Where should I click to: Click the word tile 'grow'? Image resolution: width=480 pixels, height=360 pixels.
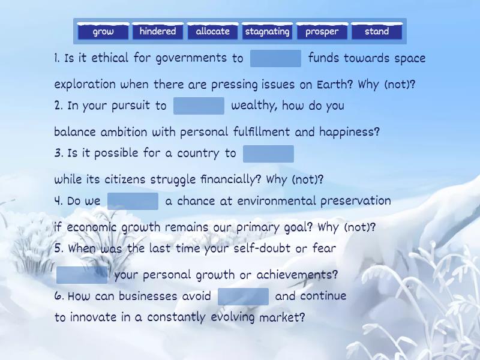point(103,32)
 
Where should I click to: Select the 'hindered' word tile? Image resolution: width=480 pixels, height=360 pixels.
point(158,32)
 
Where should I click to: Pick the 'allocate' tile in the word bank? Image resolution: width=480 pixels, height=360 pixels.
point(212,32)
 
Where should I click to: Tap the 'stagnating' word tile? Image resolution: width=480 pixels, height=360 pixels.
point(268,32)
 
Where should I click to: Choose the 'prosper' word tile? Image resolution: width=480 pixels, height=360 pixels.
point(322,32)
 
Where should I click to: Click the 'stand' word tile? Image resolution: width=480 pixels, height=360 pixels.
point(377,32)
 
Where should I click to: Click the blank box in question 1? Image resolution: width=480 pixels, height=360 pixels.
point(275,58)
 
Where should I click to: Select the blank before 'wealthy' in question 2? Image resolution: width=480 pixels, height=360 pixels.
point(199,106)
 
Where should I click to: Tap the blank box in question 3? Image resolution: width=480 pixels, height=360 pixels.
point(268,154)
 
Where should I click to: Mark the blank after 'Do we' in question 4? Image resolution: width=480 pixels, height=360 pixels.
point(133,201)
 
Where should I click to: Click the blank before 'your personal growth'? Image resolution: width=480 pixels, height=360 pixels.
point(82,275)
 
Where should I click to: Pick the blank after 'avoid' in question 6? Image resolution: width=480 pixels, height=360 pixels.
point(243,296)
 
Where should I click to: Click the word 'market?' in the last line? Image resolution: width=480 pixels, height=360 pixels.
point(282,318)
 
